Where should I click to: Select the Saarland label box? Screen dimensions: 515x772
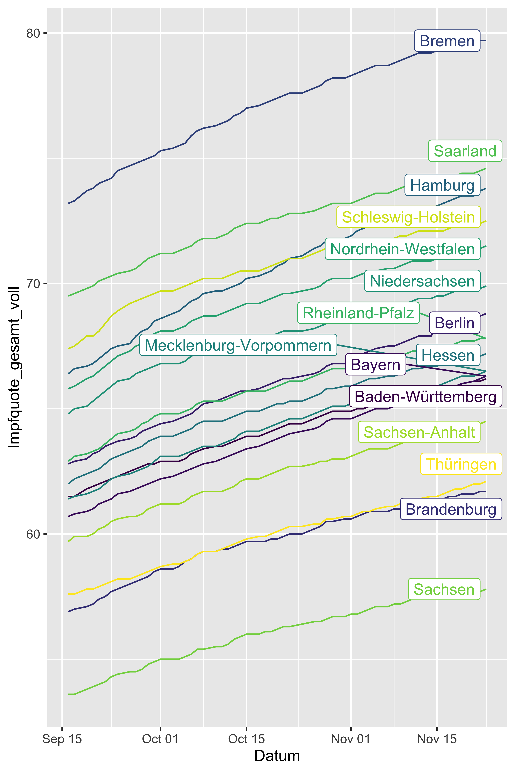click(465, 151)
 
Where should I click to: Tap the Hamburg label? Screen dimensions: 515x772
click(442, 185)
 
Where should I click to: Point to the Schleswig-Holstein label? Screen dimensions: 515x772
click(408, 217)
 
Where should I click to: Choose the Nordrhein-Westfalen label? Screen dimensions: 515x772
click(402, 249)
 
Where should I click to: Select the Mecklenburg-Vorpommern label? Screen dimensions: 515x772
click(238, 345)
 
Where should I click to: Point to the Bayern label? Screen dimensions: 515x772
click(376, 364)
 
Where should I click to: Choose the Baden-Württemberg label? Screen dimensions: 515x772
click(426, 396)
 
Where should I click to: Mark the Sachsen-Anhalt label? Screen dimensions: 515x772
click(419, 432)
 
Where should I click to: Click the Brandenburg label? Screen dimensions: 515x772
click(451, 509)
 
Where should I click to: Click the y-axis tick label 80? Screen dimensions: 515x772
click(33, 33)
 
